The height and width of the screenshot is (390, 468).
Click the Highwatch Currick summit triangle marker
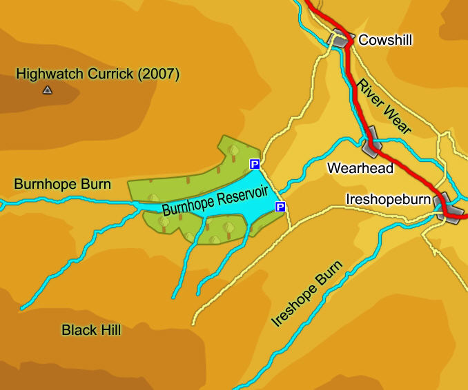point(47,90)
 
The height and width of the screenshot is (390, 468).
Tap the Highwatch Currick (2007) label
point(97,74)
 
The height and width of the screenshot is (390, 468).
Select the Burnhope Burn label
point(62,184)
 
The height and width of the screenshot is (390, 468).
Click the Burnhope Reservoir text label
point(214,198)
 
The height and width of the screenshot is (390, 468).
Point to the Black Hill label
point(91,330)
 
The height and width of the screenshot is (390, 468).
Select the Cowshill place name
point(385,40)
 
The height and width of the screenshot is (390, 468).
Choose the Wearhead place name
point(360,168)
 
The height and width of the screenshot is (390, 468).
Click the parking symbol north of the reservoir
point(254,164)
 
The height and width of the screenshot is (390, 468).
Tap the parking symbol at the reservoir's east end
point(280,207)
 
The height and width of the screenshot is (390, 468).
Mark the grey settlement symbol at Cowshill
point(340,39)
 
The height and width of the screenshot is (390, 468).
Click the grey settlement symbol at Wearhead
point(371,138)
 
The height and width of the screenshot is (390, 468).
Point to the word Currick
point(110,74)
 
